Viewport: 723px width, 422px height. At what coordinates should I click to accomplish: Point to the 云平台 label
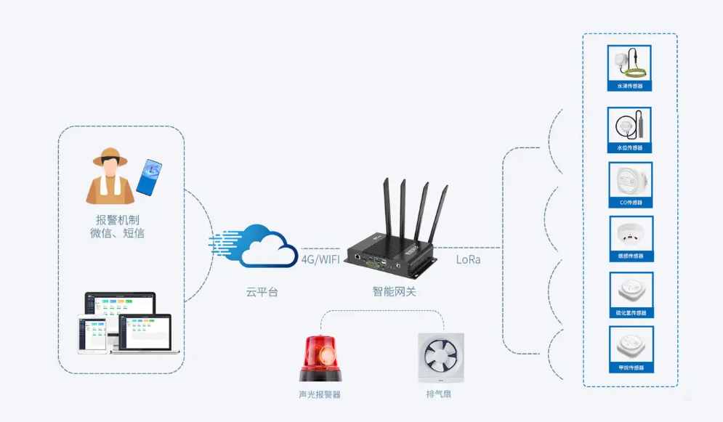[262, 292]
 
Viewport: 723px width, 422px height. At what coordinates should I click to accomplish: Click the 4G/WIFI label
[320, 258]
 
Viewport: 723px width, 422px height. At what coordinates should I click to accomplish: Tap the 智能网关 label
[395, 292]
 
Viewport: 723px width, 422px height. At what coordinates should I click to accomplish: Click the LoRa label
[468, 259]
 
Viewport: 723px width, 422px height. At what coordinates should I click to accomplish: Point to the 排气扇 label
[441, 394]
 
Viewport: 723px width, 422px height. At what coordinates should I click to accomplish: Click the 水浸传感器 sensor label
[629, 86]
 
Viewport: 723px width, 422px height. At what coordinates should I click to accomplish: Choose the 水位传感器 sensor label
[629, 148]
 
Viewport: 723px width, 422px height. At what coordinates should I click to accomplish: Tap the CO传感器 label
[629, 203]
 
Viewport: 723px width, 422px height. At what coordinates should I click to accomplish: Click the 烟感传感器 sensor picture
[629, 234]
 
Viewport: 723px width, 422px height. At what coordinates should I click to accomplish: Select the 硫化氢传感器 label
[629, 313]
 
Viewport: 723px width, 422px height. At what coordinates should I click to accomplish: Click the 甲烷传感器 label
[629, 368]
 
